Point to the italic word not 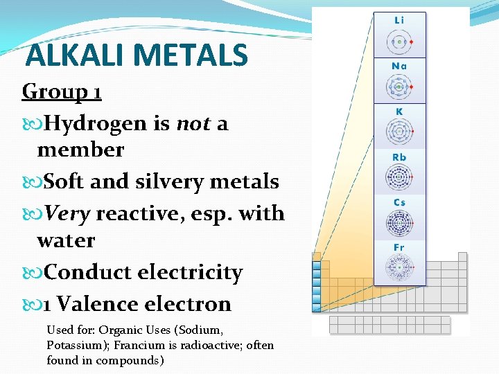(x=193, y=123)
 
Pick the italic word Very (x=67, y=213)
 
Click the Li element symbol (x=399, y=20)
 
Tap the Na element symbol (x=399, y=66)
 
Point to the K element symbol (x=399, y=112)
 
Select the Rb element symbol (x=399, y=157)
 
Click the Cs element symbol (x=399, y=202)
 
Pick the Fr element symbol (x=399, y=247)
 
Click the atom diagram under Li (x=399, y=42)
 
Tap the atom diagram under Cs (x=399, y=223)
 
